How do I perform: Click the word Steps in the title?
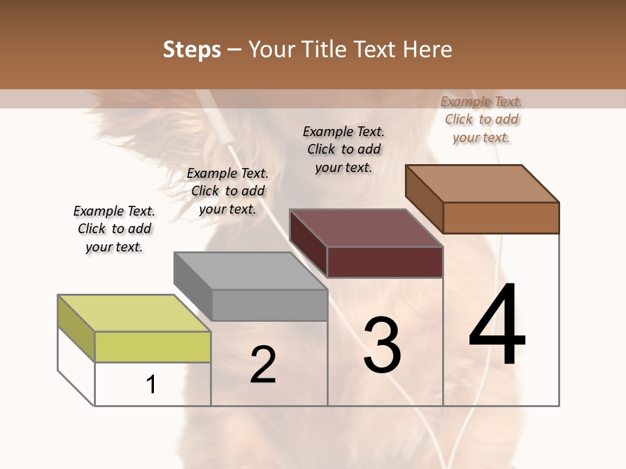click(192, 50)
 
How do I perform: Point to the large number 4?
click(497, 326)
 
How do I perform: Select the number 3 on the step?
click(382, 345)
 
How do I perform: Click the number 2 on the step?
click(263, 365)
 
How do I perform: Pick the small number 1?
click(151, 385)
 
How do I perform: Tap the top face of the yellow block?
click(134, 313)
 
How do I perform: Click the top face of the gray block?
click(250, 270)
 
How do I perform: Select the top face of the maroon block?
click(366, 228)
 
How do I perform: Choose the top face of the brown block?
click(483, 184)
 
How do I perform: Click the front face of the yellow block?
click(153, 347)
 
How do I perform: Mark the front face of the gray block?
click(269, 305)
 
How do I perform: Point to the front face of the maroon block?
click(385, 262)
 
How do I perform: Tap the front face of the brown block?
click(501, 218)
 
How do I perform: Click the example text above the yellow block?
click(114, 229)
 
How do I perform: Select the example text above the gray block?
click(228, 191)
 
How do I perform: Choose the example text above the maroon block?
click(344, 149)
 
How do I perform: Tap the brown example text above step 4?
click(481, 119)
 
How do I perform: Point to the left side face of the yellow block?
click(76, 328)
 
